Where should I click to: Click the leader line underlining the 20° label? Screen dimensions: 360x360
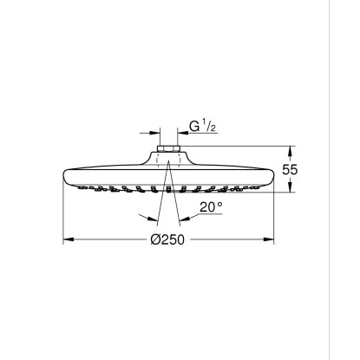(204, 217)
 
